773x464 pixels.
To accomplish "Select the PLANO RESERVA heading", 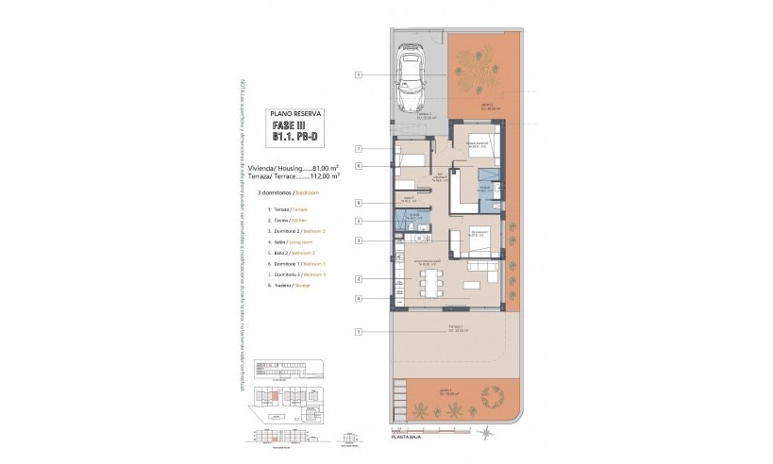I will (x=295, y=112).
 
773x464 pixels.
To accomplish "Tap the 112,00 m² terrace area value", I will (x=323, y=175).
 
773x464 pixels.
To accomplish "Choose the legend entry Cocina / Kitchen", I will (x=296, y=219).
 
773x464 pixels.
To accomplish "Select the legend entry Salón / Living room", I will (x=296, y=241).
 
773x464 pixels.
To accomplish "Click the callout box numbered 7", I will (x=360, y=149).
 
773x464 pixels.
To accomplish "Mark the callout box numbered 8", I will (x=360, y=203).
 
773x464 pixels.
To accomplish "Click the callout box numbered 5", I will (x=360, y=221).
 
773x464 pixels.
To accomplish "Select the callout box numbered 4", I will (x=360, y=298).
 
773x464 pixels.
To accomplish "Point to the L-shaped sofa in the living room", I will (x=485, y=275).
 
